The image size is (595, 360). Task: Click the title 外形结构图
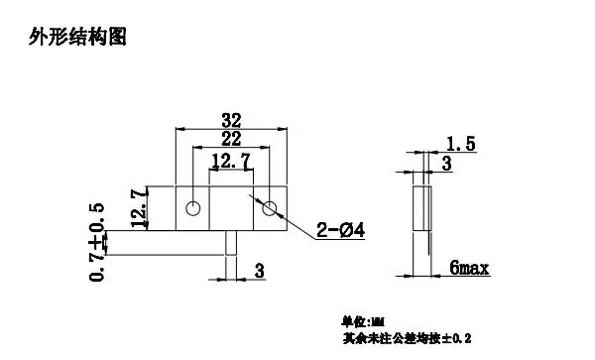click(x=80, y=38)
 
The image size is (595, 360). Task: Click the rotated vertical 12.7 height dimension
click(x=140, y=206)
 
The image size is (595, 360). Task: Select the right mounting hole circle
click(x=269, y=208)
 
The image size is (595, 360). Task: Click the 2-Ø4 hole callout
click(x=340, y=231)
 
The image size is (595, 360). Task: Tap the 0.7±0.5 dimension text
click(x=97, y=242)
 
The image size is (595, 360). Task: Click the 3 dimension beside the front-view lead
click(x=259, y=270)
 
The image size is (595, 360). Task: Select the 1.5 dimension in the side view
click(x=461, y=145)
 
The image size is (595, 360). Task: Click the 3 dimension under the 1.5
click(x=447, y=164)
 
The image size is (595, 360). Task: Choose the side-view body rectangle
click(x=421, y=208)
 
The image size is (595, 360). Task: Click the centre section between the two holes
click(x=231, y=208)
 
